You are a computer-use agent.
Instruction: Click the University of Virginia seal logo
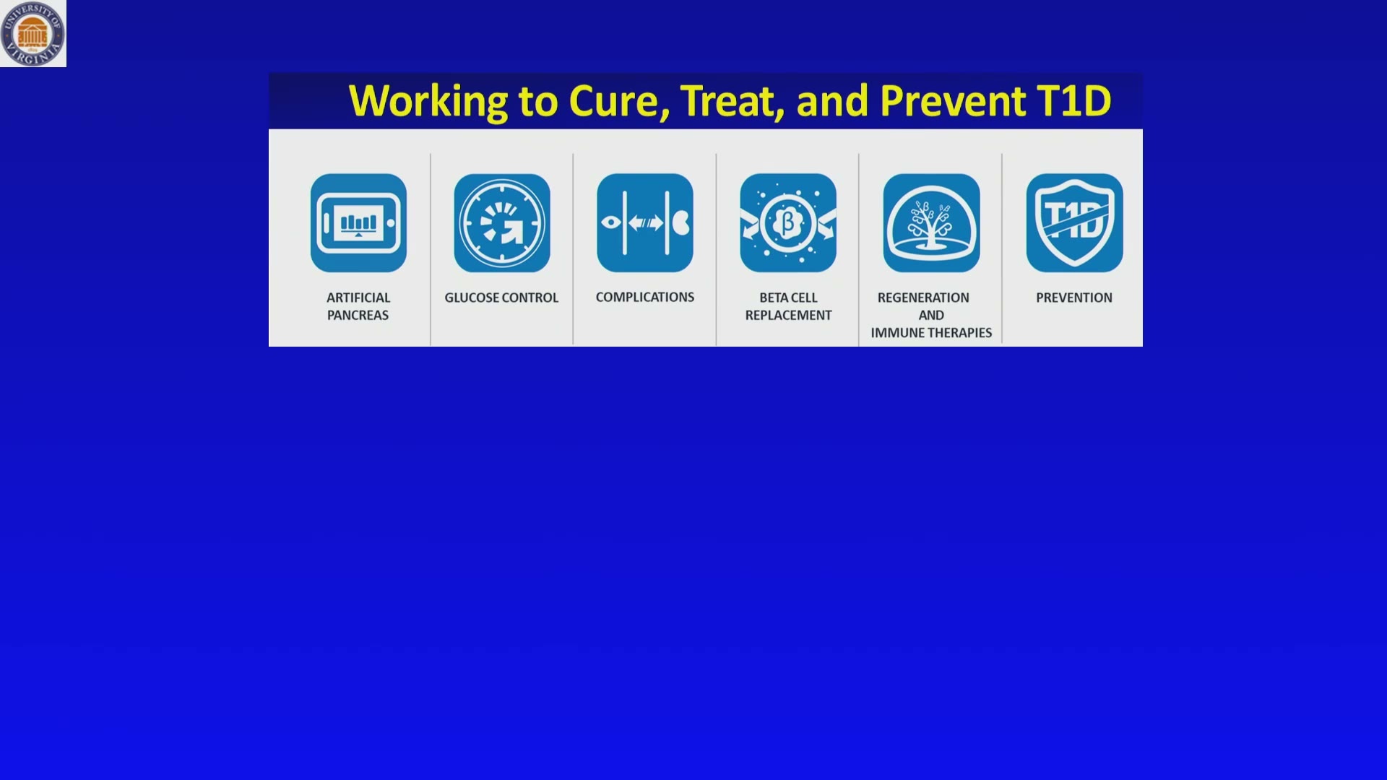pyautogui.click(x=33, y=33)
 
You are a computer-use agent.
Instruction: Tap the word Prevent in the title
pyautogui.click(x=953, y=101)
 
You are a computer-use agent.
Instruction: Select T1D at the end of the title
pyautogui.click(x=1074, y=101)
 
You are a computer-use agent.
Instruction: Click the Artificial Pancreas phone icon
pyautogui.click(x=358, y=223)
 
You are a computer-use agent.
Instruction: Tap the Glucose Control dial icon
pyautogui.click(x=502, y=223)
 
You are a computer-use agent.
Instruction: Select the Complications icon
pyautogui.click(x=645, y=223)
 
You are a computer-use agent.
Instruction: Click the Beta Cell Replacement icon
pyautogui.click(x=788, y=223)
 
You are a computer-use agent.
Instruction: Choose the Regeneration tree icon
pyautogui.click(x=931, y=223)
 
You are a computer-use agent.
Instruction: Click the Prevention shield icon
pyautogui.click(x=1074, y=223)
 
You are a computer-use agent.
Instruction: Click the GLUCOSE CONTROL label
pyautogui.click(x=501, y=298)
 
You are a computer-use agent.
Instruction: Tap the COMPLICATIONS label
pyautogui.click(x=645, y=297)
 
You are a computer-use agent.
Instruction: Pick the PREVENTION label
pyautogui.click(x=1074, y=298)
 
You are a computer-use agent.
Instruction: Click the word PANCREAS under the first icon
pyautogui.click(x=358, y=315)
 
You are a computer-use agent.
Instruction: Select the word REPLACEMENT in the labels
pyautogui.click(x=788, y=315)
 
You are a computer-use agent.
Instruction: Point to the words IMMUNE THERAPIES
pyautogui.click(x=931, y=333)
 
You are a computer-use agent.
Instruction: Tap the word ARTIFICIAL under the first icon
pyautogui.click(x=358, y=298)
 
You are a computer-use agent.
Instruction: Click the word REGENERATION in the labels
pyautogui.click(x=923, y=298)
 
